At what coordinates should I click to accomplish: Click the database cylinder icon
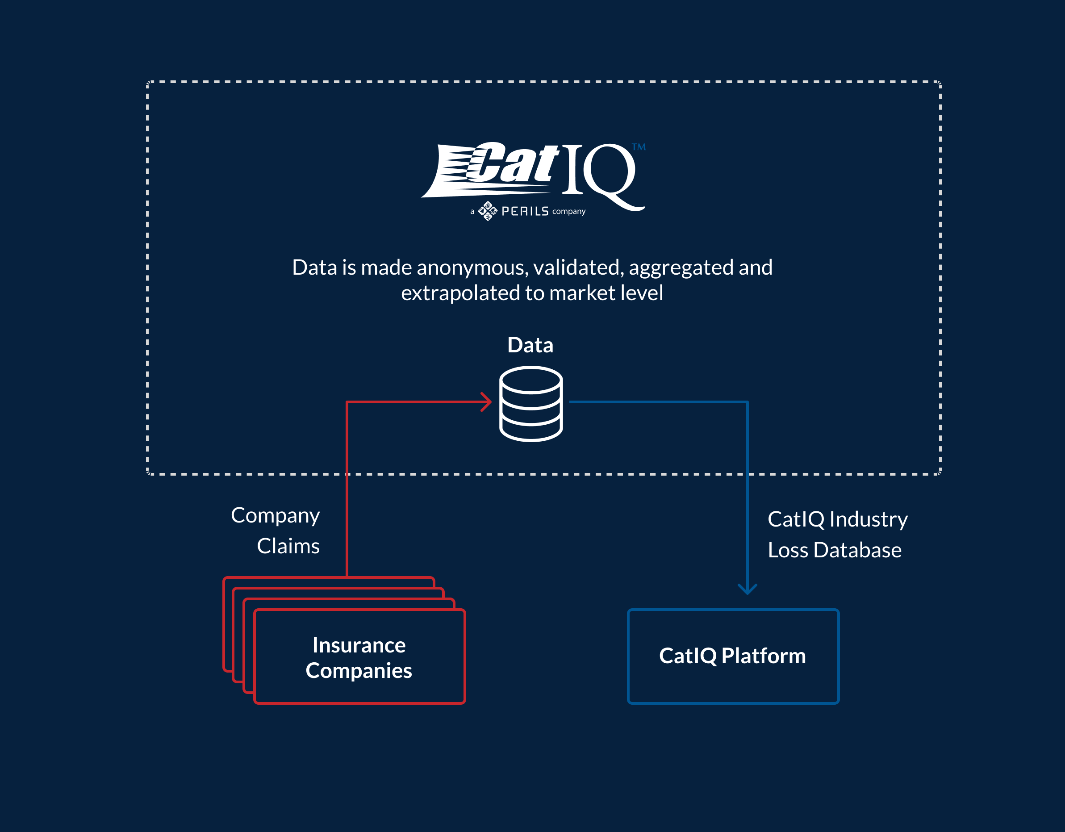[x=531, y=404]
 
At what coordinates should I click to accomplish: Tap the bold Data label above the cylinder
[x=530, y=345]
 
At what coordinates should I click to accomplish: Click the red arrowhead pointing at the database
[x=486, y=402]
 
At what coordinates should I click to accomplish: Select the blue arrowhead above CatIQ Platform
[x=747, y=589]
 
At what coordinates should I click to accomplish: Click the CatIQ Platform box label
[x=732, y=656]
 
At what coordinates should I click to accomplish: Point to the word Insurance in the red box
[x=359, y=645]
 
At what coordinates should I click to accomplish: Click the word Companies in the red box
[x=359, y=671]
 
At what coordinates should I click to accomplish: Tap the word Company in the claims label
[x=276, y=516]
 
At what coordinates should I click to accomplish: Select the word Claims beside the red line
[x=288, y=546]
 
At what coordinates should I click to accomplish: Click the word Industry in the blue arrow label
[x=869, y=519]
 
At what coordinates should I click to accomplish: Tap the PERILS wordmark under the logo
[x=525, y=211]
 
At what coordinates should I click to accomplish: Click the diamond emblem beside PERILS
[x=488, y=211]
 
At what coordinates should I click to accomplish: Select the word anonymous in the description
[x=471, y=268]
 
